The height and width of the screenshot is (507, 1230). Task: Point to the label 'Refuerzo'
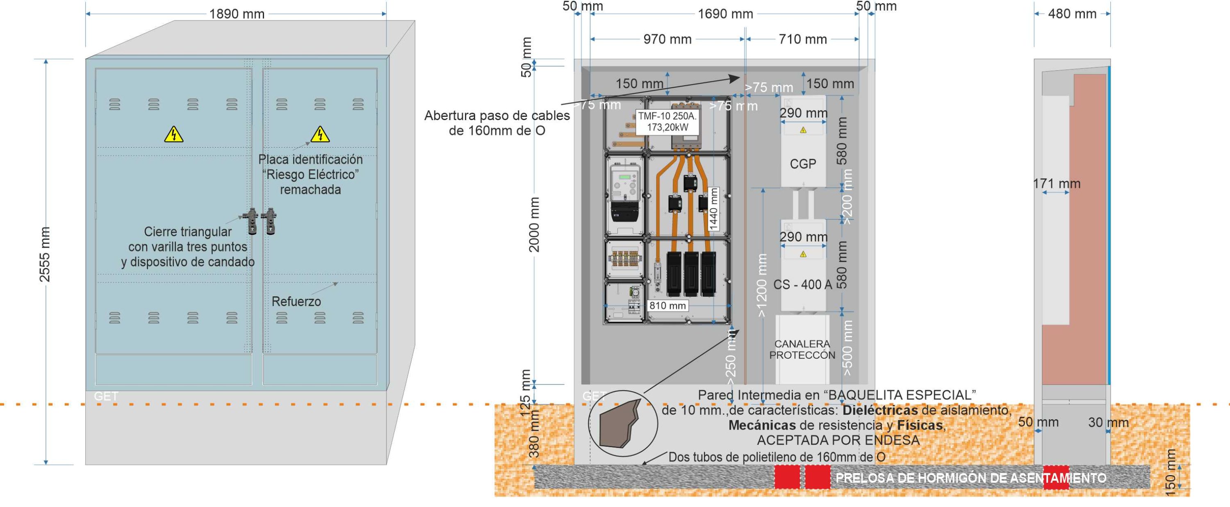(x=296, y=301)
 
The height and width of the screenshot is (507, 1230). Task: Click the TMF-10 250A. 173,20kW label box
(x=667, y=122)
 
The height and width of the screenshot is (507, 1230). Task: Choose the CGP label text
(x=803, y=164)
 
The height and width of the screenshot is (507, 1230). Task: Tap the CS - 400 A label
(x=802, y=284)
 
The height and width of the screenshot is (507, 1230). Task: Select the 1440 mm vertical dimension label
(x=714, y=209)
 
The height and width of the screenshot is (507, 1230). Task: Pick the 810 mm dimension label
(x=667, y=305)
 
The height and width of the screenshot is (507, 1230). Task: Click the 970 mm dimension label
(x=667, y=39)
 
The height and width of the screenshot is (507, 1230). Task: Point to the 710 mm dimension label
(x=803, y=39)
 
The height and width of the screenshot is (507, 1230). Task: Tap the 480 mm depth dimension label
(x=1072, y=14)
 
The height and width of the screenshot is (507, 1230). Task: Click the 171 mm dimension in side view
(x=1056, y=183)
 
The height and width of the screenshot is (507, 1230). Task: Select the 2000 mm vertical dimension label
(x=534, y=224)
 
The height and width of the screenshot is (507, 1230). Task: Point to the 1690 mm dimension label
(x=725, y=14)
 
